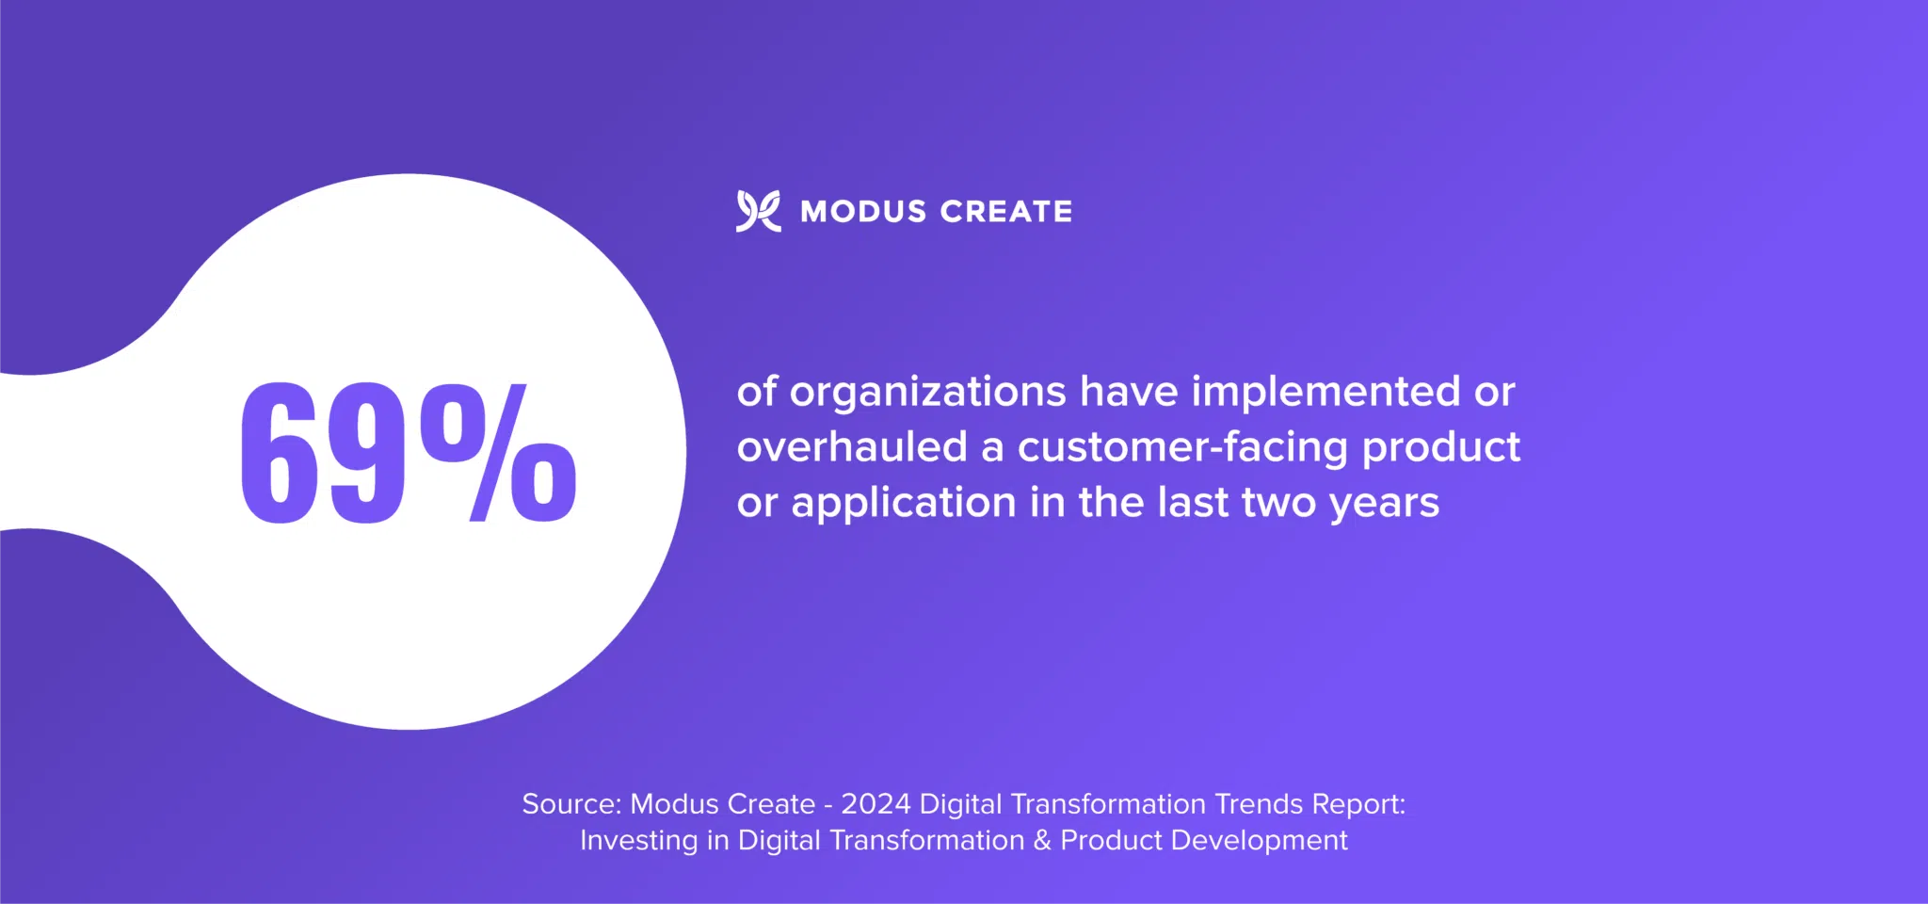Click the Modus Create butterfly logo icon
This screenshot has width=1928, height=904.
pos(758,211)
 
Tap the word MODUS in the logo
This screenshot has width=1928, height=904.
pos(863,212)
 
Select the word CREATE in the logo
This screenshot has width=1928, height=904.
pos(1005,212)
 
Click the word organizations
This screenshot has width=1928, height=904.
pos(927,392)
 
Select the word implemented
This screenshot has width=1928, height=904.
pos(1325,392)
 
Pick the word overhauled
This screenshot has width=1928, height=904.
pos(852,447)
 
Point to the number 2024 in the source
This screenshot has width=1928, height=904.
pos(876,804)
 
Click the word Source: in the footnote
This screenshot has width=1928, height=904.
pos(571,804)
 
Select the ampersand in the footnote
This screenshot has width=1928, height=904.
pos(1042,841)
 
